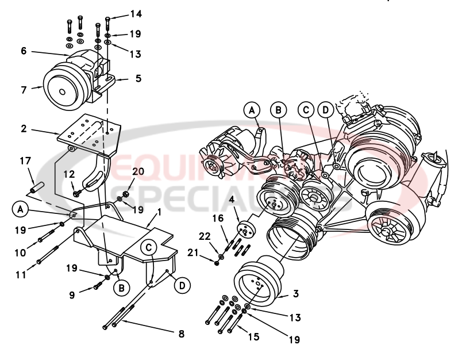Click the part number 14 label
[x=136, y=14]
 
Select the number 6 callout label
[x=24, y=51]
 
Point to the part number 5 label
[x=138, y=78]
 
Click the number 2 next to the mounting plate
[x=24, y=129]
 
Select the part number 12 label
[x=68, y=174]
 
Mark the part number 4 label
[x=231, y=200]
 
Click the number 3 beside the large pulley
[x=296, y=294]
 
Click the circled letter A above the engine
[x=251, y=110]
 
